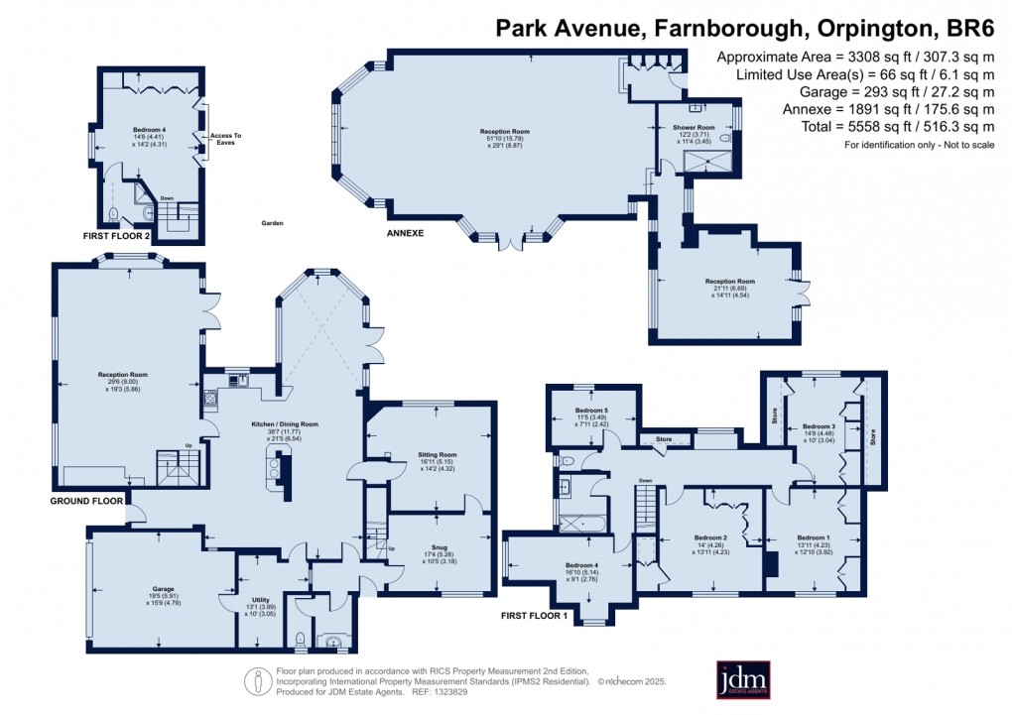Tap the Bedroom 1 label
pos(813,537)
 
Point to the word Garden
pos(273,223)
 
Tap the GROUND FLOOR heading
pos(86,501)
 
